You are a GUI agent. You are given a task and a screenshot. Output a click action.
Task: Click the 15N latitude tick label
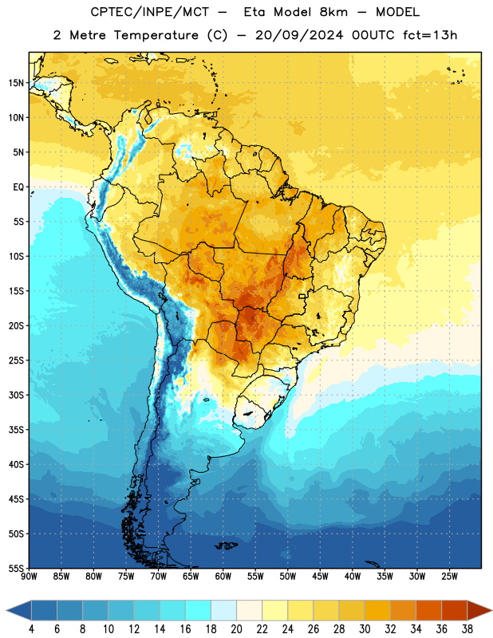(x=16, y=83)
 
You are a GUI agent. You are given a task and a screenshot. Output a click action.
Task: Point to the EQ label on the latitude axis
(x=18, y=187)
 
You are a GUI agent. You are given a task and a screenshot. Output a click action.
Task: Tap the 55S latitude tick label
(x=16, y=569)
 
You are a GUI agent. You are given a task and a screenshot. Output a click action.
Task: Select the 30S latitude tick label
(x=16, y=395)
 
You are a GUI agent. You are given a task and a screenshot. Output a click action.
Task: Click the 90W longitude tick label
(x=29, y=577)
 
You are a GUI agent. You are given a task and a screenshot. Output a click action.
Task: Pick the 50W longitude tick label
(x=288, y=577)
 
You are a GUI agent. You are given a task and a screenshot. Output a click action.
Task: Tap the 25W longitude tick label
(x=449, y=577)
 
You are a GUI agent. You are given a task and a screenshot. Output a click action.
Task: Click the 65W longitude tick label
(x=191, y=577)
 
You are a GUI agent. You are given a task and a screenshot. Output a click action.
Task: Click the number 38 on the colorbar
(x=467, y=629)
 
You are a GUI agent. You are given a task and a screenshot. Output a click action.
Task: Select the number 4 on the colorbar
(x=31, y=629)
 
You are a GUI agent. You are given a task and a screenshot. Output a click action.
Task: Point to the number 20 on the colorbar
(x=236, y=629)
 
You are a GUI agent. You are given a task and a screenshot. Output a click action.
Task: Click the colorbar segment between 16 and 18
(x=198, y=611)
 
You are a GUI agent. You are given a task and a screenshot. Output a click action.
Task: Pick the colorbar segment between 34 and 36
(x=428, y=611)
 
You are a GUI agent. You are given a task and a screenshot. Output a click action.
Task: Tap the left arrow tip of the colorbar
(x=6, y=611)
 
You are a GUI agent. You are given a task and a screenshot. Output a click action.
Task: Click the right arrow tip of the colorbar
(x=492, y=611)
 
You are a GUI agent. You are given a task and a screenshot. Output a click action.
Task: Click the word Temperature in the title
(x=156, y=35)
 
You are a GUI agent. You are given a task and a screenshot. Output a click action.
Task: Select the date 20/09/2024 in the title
(x=299, y=35)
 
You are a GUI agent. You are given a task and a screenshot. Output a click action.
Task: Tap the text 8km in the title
(x=333, y=12)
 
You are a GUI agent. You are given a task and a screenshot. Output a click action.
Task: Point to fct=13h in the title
(x=430, y=35)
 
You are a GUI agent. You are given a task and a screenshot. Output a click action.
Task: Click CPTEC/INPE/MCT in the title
(x=150, y=12)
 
